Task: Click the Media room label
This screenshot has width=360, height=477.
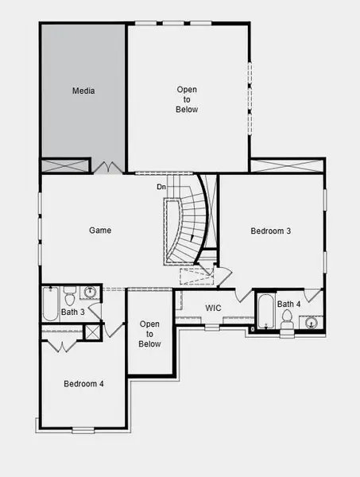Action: point(83,91)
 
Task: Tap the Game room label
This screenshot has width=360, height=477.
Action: point(100,231)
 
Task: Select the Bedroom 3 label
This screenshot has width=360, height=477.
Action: point(271,231)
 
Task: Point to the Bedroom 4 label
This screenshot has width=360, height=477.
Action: point(83,384)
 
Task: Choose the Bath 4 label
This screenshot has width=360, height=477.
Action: point(288,304)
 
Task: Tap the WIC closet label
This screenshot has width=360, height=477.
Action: point(213,308)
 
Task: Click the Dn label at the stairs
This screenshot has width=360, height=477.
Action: point(161,187)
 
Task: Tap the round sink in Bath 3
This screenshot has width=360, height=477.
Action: point(90,293)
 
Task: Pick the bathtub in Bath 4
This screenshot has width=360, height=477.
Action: point(265,314)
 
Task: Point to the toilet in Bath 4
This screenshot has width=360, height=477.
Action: point(288,320)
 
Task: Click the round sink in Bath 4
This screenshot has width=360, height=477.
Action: point(310,322)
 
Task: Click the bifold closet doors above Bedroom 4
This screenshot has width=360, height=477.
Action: point(58,346)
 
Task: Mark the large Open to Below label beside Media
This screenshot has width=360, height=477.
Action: point(187,99)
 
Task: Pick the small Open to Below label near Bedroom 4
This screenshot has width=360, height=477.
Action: point(150,334)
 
